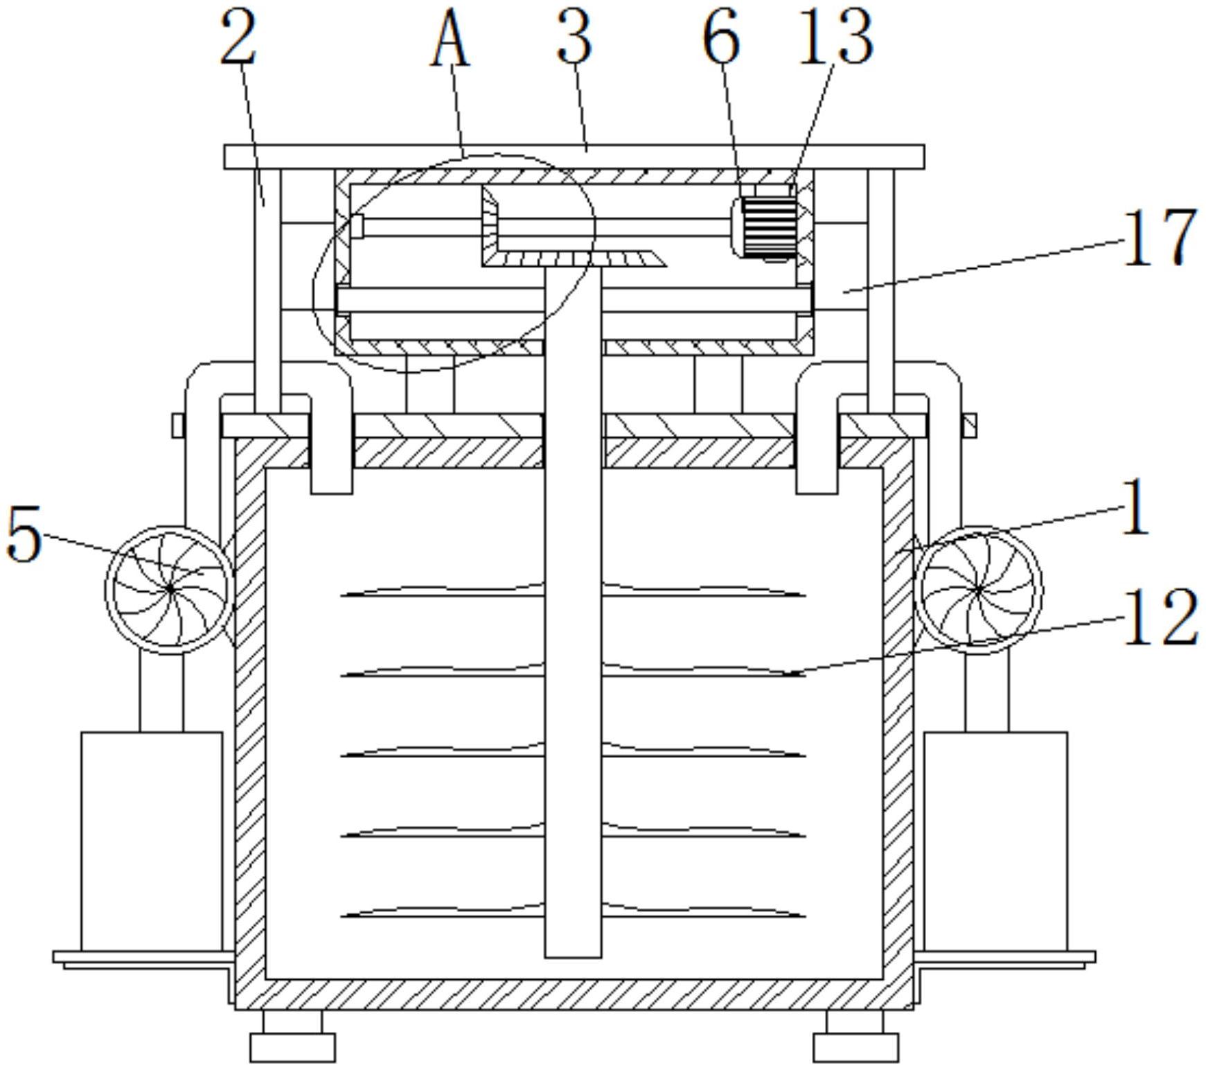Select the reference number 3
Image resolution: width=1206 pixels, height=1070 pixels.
coord(574,38)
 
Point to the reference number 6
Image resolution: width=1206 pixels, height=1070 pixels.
coord(721,38)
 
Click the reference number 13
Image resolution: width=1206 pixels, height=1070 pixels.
coord(836,38)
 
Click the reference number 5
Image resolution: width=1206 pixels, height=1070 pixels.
coord(24,534)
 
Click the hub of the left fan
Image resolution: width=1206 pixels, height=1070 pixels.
coord(170,589)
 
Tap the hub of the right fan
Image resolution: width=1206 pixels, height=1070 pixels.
coord(978,589)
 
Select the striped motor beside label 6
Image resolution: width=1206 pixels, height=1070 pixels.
coord(768,227)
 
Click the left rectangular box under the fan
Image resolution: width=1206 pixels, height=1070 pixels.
coord(152,841)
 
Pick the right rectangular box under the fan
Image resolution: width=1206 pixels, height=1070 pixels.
coord(995,841)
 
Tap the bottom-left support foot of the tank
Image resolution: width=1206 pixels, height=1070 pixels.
coord(292,1035)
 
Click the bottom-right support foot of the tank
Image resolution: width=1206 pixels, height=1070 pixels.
coord(855,1035)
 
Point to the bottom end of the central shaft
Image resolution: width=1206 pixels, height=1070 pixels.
coord(573,957)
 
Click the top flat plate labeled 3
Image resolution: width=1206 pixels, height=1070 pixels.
coord(574,157)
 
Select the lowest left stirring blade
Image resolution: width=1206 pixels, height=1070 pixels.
coord(443,912)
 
